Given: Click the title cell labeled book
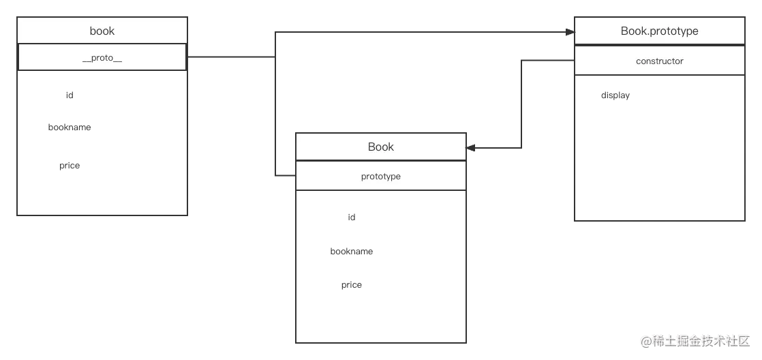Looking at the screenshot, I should pos(102,31).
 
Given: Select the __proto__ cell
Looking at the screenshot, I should pos(102,58).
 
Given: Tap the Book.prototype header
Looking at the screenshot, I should pos(659,31).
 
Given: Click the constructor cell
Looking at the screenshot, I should pos(659,61).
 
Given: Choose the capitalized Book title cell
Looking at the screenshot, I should pos(380,147).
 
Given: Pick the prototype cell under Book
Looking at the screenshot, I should pos(380,176).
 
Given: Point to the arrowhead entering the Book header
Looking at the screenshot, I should pos(473,146).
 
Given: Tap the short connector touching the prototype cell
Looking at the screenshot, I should pos(284,177).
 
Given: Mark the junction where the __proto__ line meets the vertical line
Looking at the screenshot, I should pos(274,58).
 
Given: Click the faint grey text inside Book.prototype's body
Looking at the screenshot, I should pos(615,97).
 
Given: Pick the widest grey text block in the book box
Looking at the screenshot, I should pos(67,127).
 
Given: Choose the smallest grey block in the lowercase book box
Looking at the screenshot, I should pos(70,95).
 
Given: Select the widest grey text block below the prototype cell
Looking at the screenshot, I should pos(351,251).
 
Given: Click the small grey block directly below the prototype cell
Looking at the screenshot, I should pos(351,218).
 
